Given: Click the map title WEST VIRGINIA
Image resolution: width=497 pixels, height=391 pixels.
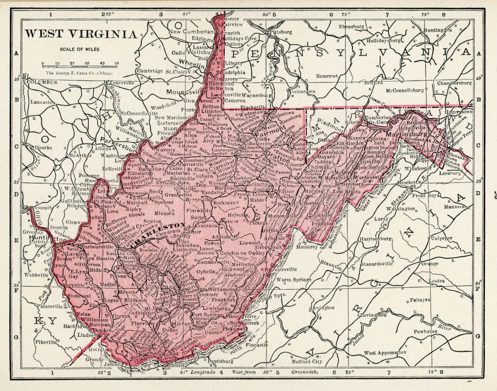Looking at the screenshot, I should [x=81, y=34].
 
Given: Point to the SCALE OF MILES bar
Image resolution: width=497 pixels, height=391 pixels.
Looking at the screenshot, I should [x=80, y=64].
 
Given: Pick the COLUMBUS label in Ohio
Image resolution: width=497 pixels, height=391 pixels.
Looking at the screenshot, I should [x=42, y=82].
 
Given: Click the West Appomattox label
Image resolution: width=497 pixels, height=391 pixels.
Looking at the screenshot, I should [x=386, y=353].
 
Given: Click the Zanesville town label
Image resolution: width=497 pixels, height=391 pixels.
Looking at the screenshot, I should [x=122, y=83].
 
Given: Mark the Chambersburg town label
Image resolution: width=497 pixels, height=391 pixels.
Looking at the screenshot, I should [x=454, y=83].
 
